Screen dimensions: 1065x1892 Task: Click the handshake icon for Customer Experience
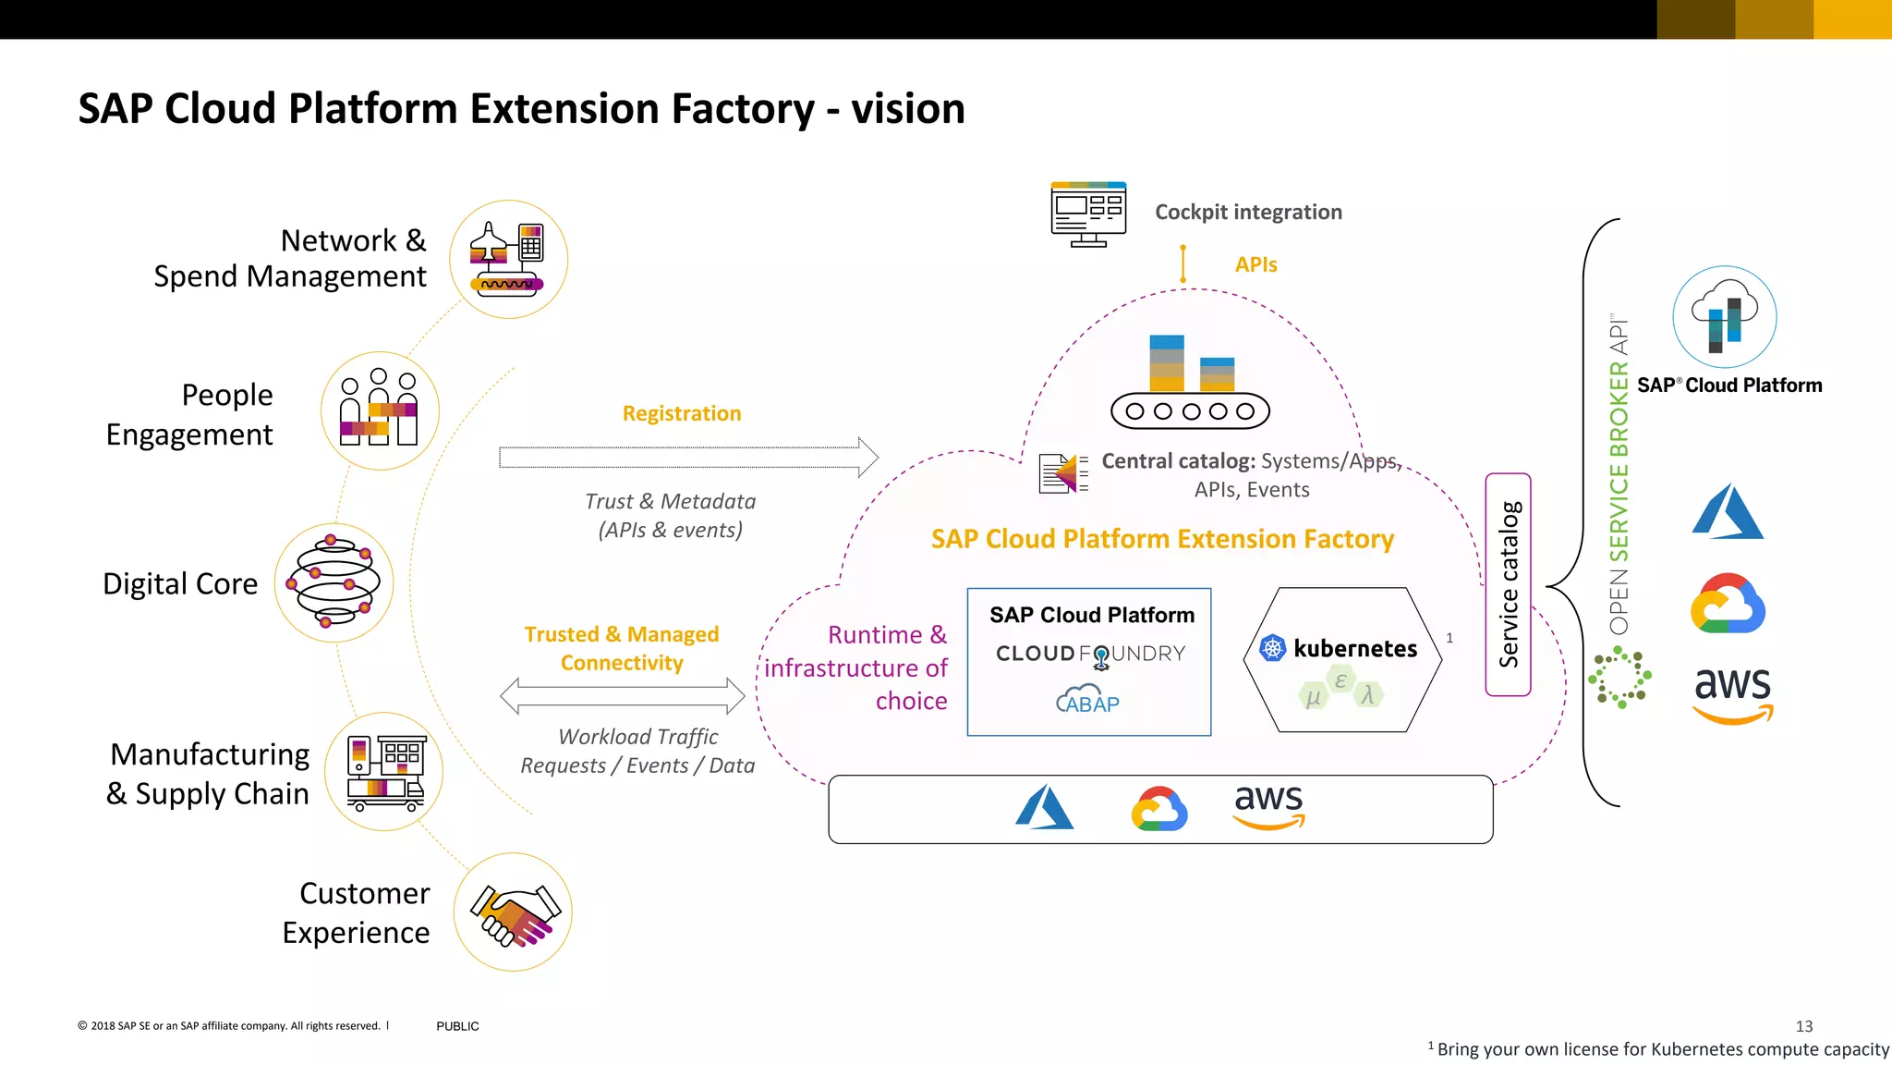[x=513, y=912]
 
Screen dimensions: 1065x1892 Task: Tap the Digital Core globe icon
[x=334, y=583]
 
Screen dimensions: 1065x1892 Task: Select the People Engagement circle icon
[x=380, y=410]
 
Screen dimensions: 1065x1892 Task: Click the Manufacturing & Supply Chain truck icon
[x=384, y=772]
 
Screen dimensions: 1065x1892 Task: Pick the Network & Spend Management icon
[x=508, y=260]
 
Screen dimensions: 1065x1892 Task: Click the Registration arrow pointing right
[x=688, y=457]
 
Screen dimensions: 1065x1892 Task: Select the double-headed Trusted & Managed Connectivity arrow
[x=622, y=696]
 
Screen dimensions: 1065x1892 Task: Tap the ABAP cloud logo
[x=1087, y=701]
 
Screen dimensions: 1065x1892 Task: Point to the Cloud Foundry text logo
[x=1090, y=654]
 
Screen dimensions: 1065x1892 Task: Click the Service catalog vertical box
[x=1508, y=584]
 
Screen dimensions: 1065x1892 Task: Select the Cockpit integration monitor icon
[x=1088, y=214]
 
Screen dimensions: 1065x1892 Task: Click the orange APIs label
[x=1255, y=265]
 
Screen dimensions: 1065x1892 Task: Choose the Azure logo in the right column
[x=1727, y=512]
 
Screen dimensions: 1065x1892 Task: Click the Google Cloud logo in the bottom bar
[x=1159, y=809]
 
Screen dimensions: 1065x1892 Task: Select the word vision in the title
[x=907, y=109]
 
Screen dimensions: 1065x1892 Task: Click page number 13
[x=1803, y=1026]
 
